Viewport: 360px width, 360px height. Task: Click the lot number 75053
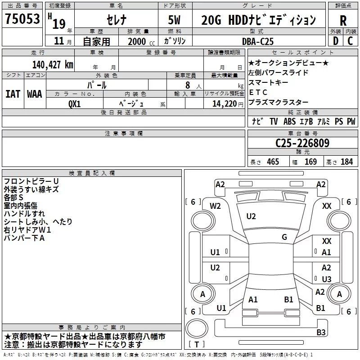[22, 18]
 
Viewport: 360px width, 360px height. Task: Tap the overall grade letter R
[343, 21]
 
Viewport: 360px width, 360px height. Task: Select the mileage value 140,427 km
[53, 65]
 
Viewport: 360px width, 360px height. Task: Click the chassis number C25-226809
[302, 143]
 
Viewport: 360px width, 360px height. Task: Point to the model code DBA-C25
[258, 41]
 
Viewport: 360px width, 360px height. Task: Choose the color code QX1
[74, 104]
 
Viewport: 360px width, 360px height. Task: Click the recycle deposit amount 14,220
[224, 104]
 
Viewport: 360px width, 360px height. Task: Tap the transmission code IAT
[13, 94]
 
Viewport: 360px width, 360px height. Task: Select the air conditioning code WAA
[35, 94]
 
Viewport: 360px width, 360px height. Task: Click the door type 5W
[174, 20]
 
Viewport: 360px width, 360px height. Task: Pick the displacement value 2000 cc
[141, 41]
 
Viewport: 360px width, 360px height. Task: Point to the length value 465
[273, 162]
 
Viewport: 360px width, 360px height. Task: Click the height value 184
[346, 162]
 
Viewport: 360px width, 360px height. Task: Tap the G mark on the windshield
[284, 237]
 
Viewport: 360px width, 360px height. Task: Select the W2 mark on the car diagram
[215, 206]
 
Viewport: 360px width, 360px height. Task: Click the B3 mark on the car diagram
[321, 332]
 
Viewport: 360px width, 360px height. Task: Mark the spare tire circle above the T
[197, 328]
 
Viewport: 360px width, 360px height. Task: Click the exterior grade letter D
[336, 41]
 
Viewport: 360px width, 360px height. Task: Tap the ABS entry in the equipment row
[289, 121]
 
